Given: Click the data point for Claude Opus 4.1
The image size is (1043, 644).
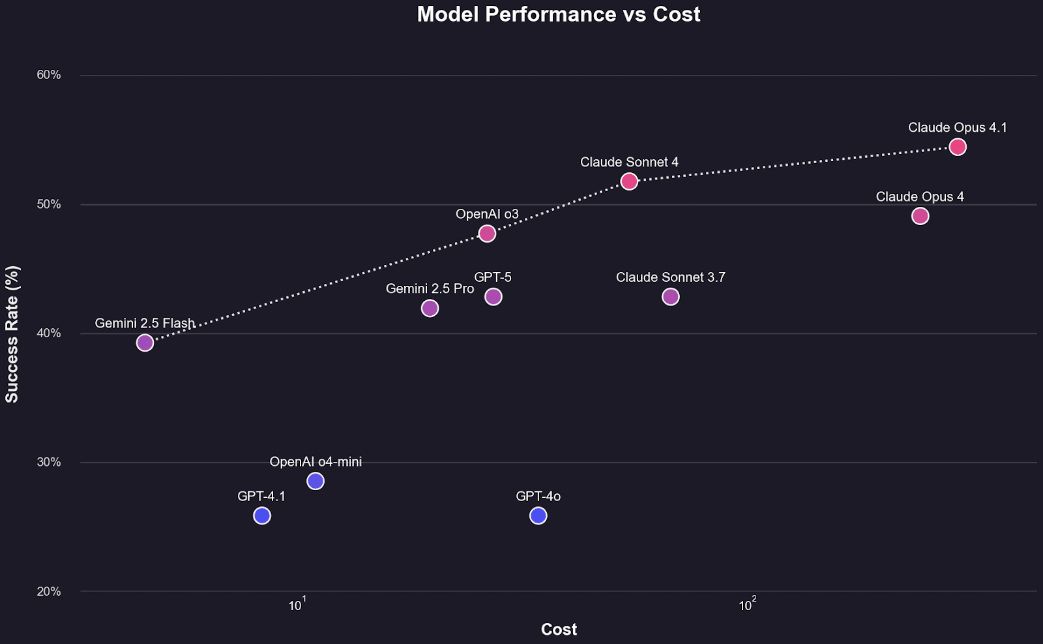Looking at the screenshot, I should click(957, 147).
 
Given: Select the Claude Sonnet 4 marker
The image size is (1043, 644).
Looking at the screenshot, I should click(629, 181).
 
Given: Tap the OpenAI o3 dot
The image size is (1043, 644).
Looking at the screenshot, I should click(487, 234).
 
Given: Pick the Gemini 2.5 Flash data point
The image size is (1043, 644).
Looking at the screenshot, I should click(145, 343).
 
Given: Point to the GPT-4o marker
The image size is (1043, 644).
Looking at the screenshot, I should click(538, 515).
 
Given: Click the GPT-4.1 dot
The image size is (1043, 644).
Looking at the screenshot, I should click(261, 515).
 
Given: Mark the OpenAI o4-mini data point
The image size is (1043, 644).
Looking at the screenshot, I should click(316, 481).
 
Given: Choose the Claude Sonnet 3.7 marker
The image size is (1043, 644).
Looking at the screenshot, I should click(670, 297).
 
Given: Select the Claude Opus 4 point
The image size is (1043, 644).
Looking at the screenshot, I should click(920, 216).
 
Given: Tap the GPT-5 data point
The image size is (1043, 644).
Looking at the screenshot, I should click(493, 297).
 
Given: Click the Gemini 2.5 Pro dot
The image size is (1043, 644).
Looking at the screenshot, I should click(430, 308).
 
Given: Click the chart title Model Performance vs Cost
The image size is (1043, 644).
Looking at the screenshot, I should click(559, 14).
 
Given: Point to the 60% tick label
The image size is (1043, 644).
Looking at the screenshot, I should click(48, 75).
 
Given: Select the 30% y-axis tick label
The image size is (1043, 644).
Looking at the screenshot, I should click(48, 463).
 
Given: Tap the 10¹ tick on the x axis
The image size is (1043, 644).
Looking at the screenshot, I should click(297, 605).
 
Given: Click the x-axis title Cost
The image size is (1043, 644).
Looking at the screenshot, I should click(559, 630).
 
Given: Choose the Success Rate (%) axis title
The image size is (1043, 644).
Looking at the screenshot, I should click(12, 333).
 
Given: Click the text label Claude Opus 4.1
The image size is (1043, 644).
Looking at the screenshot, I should click(957, 128).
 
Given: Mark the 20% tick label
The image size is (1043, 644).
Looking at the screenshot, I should click(48, 592).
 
